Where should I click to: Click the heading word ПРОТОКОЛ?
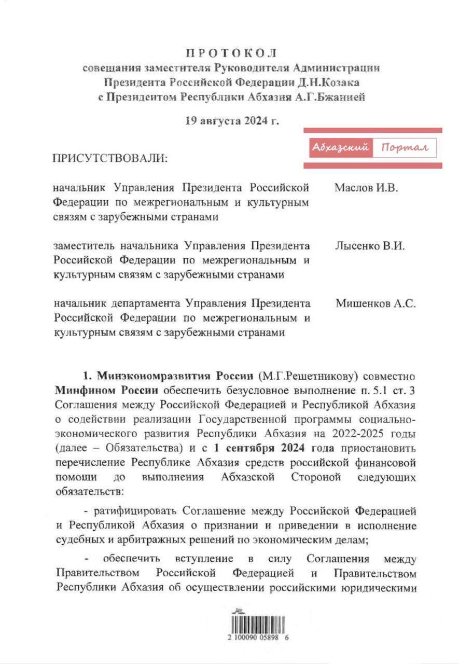[231, 53]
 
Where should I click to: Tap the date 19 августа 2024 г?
[232, 121]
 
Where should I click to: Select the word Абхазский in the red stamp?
[340, 148]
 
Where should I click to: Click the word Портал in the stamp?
[405, 148]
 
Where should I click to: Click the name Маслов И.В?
[366, 188]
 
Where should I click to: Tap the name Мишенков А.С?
[375, 304]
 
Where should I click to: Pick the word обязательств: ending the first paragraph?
[86, 490]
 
